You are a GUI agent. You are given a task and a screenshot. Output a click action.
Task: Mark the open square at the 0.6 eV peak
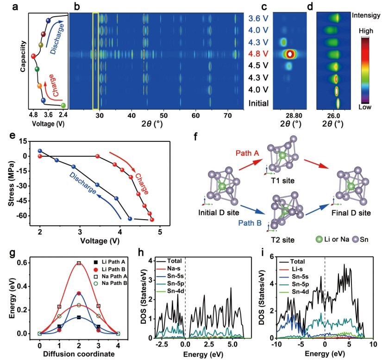tap(79, 263)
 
